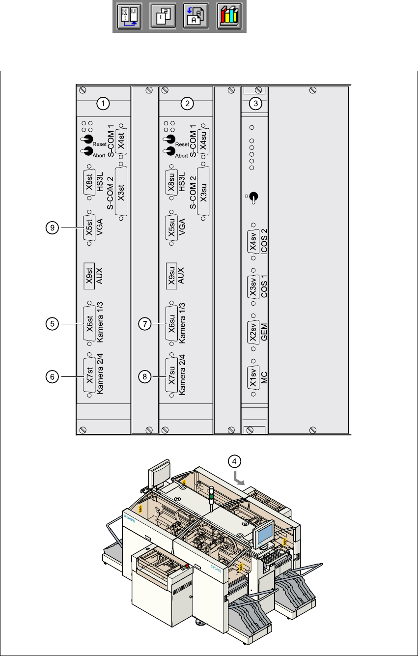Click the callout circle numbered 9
coord(52,228)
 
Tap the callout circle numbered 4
coord(236,461)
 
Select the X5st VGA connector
coord(89,228)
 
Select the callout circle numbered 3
coord(255,103)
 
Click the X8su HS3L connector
coord(171,182)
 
